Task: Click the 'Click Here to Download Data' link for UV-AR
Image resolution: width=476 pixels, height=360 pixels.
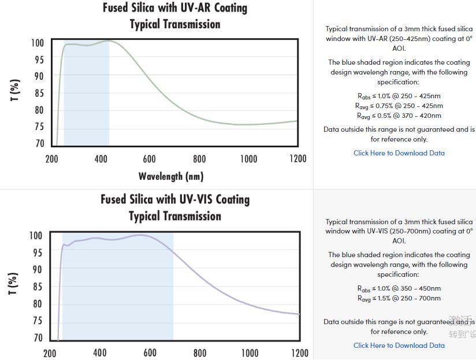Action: click(399, 153)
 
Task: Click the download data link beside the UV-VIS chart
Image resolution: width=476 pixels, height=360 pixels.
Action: click(399, 346)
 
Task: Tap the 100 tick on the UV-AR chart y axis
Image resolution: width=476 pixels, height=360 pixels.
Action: click(38, 43)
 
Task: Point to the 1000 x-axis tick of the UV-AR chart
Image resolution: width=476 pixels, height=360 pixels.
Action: click(248, 159)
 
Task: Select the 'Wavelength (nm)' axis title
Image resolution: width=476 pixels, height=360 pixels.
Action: click(171, 176)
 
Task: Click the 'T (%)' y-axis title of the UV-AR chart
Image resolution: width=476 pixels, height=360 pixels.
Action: click(16, 91)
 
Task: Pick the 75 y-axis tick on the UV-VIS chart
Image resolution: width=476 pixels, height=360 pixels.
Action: click(38, 321)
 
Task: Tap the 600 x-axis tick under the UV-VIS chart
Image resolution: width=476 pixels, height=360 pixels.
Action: click(150, 352)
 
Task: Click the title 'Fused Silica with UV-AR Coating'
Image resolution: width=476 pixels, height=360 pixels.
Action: click(175, 8)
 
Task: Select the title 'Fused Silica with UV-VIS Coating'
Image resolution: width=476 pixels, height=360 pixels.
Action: click(175, 199)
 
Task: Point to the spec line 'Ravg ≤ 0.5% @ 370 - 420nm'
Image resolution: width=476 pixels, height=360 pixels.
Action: click(399, 116)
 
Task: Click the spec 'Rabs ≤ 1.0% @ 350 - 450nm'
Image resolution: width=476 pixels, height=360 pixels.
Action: click(399, 288)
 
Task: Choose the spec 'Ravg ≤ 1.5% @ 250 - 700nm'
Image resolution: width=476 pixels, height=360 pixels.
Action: click(399, 298)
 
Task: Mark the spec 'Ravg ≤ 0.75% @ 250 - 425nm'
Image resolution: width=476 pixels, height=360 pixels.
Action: click(399, 106)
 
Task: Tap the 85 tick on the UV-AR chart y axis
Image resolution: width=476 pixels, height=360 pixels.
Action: click(38, 93)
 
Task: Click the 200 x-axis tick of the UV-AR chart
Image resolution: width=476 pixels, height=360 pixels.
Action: click(51, 159)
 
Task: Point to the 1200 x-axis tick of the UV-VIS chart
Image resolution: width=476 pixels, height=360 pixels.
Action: click(299, 352)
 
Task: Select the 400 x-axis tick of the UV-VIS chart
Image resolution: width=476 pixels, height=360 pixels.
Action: click(100, 352)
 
